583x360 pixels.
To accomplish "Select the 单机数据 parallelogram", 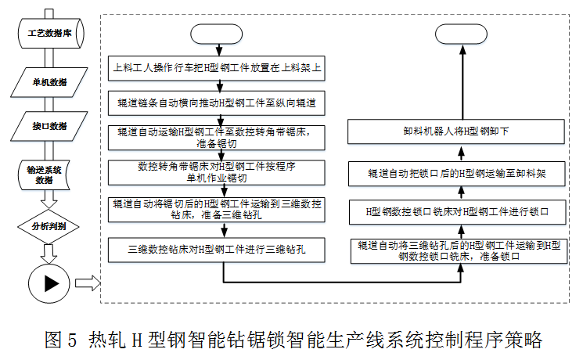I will tap(49, 81).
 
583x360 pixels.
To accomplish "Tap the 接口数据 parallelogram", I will tap(49, 126).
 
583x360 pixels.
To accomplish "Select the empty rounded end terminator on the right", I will tap(462, 35).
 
